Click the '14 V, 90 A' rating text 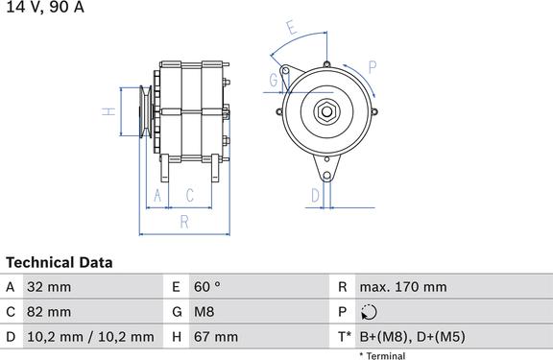point(45,7)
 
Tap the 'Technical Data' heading point(60,263)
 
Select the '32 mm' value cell point(49,287)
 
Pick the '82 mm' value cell point(49,312)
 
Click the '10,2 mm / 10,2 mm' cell point(90,337)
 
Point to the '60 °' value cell point(207,287)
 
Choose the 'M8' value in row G point(204,312)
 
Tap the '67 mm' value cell point(216,337)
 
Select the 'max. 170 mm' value point(403,287)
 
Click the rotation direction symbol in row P point(369,312)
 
